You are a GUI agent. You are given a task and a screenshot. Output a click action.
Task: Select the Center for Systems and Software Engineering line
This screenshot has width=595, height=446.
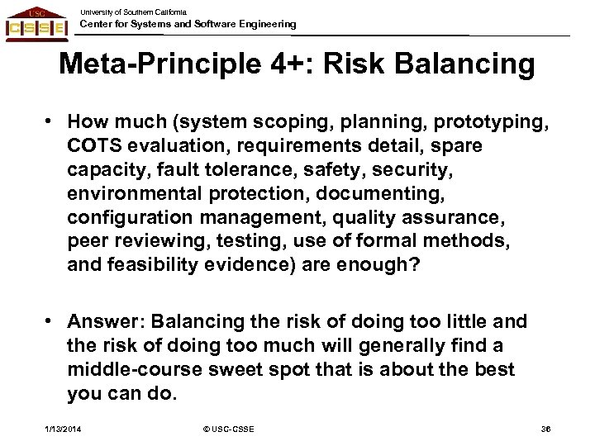(187, 25)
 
